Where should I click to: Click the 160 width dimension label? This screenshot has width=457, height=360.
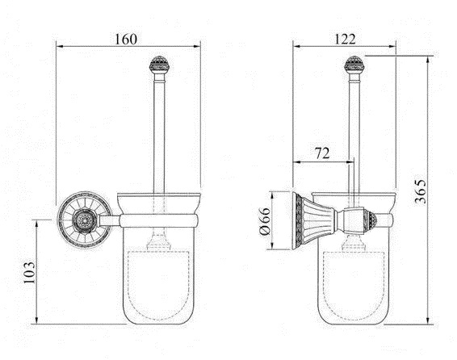(126, 40)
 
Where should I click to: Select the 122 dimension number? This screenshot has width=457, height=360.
(345, 39)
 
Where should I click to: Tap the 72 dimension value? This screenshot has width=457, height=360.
(322, 153)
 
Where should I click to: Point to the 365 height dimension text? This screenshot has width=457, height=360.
(421, 191)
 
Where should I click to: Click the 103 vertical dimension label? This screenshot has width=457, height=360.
(29, 272)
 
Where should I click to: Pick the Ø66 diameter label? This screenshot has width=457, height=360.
(265, 221)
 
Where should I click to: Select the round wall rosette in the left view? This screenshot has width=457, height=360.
(85, 220)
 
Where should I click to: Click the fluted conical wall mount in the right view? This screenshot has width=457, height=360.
(313, 221)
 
